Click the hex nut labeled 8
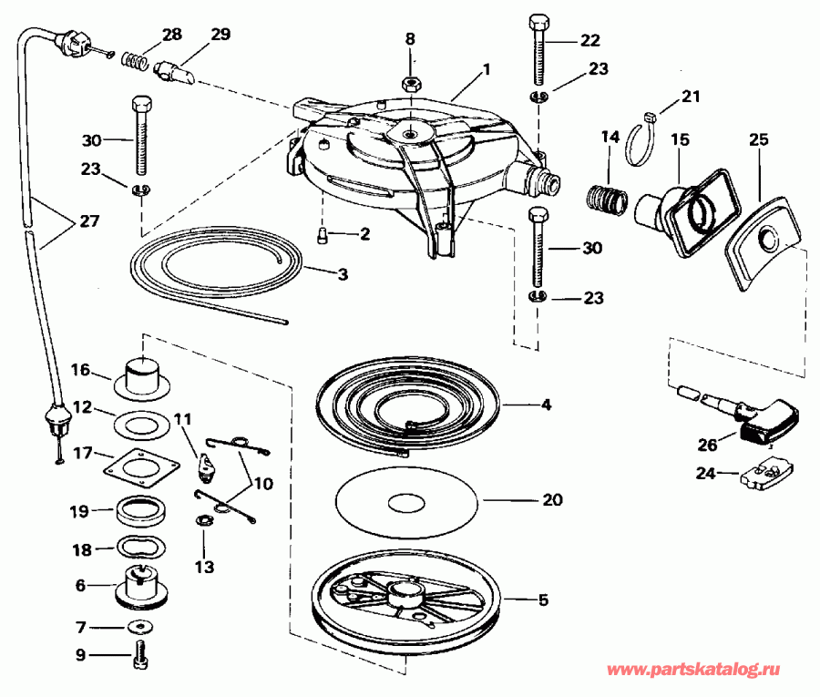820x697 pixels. [x=410, y=83]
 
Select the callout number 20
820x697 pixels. [x=552, y=500]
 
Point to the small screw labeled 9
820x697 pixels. [x=140, y=654]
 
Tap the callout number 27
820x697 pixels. [x=89, y=221]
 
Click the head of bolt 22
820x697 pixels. [x=538, y=24]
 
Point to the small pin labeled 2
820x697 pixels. [x=323, y=236]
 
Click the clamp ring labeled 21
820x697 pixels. [x=642, y=140]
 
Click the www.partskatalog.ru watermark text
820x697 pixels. [x=693, y=670]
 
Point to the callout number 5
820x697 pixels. [x=543, y=600]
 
